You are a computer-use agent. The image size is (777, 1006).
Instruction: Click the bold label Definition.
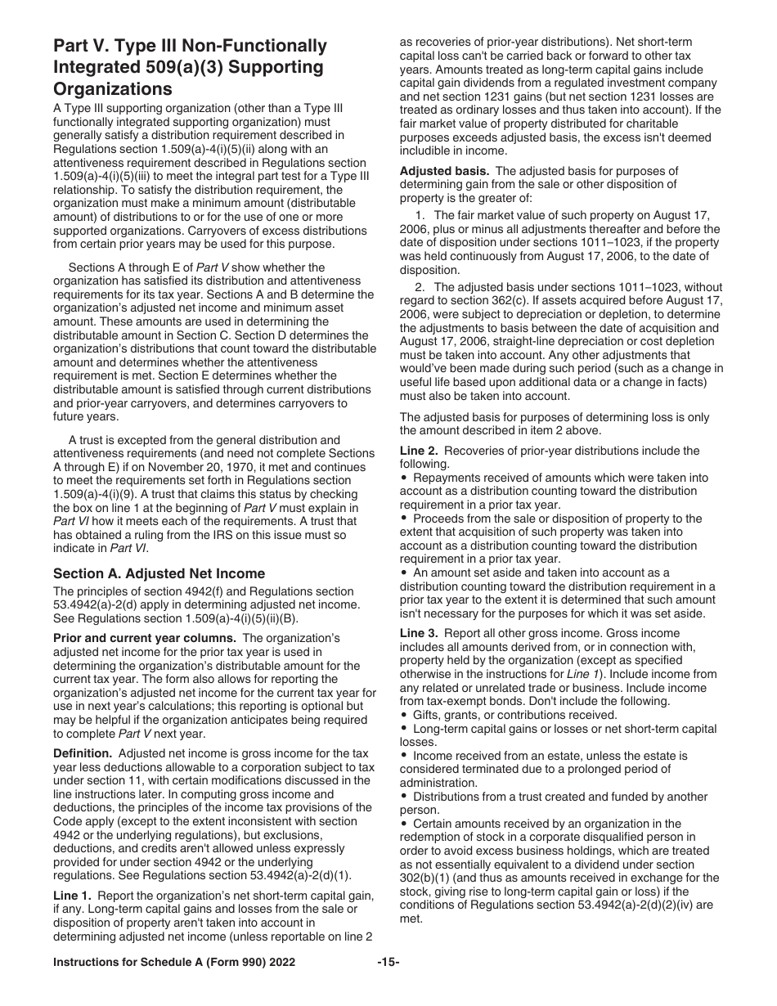pyautogui.click(x=83, y=752)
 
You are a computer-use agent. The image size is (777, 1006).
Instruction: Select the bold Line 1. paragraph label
pyautogui.click(x=73, y=895)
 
